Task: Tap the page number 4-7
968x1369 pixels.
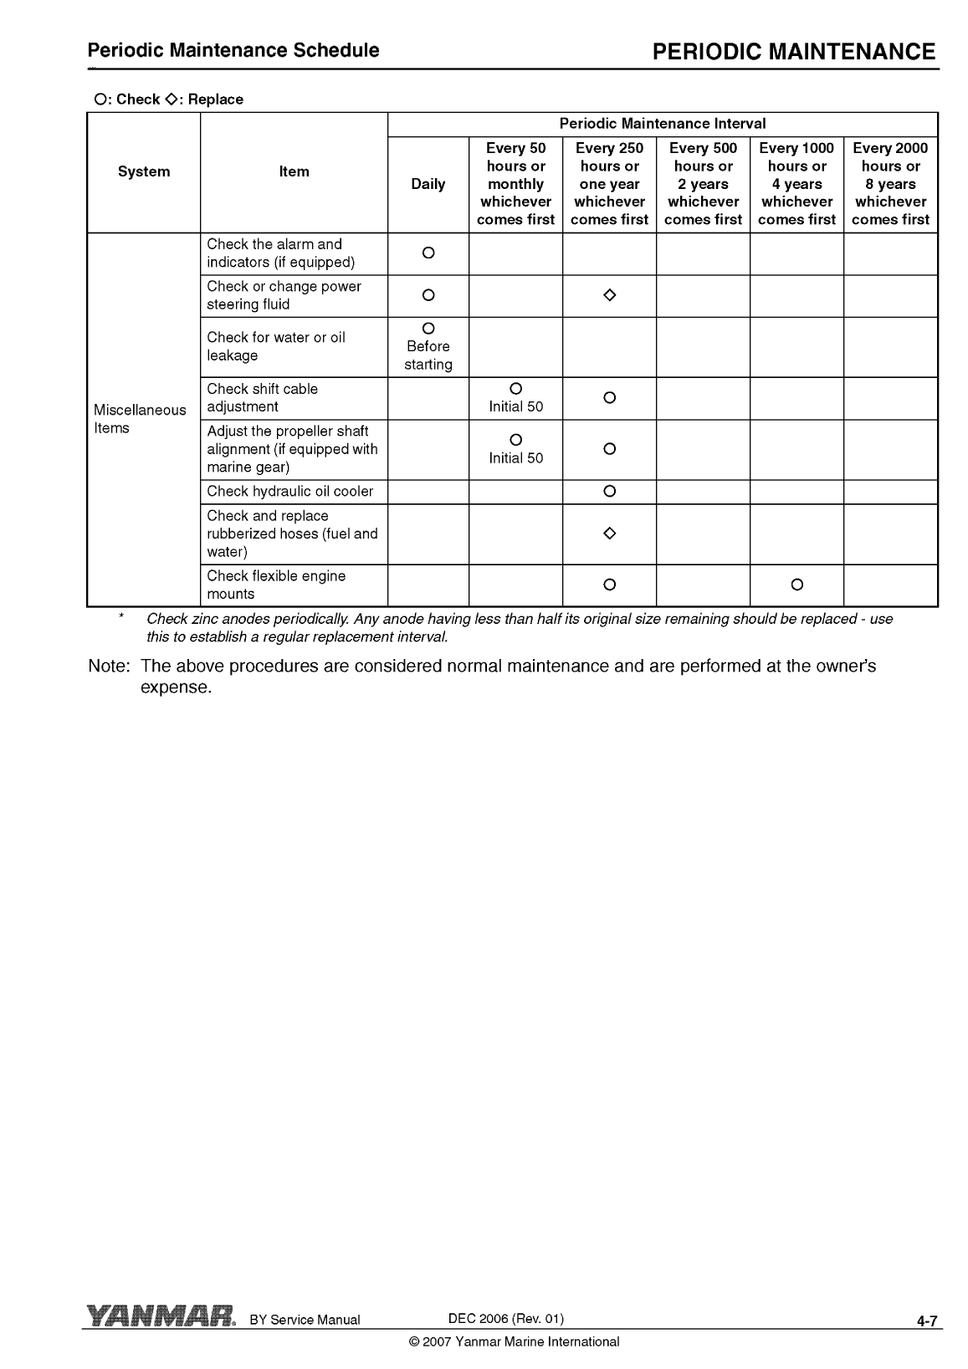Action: tap(927, 1321)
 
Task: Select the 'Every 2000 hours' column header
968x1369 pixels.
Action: tap(890, 184)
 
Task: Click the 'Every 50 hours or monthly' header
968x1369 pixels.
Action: tap(515, 184)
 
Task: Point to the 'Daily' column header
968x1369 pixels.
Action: tap(428, 184)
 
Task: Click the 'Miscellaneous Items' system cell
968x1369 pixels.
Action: tap(140, 419)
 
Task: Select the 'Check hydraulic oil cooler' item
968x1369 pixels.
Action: tap(290, 492)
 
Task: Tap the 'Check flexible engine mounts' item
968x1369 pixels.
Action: tap(276, 585)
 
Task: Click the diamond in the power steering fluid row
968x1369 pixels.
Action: tap(609, 295)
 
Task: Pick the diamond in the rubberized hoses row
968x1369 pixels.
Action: tap(609, 534)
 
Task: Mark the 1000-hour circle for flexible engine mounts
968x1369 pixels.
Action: tap(796, 585)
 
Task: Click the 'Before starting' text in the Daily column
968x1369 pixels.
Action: tap(428, 355)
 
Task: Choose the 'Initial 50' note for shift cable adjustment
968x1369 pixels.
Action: tap(515, 407)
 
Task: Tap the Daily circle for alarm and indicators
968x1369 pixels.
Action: tap(428, 253)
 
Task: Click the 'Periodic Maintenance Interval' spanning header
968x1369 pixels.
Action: tap(662, 124)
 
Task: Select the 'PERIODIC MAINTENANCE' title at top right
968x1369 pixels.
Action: tap(793, 53)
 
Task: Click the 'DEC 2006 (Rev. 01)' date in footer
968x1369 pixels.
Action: tap(506, 1319)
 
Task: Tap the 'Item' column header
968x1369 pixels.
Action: tap(294, 171)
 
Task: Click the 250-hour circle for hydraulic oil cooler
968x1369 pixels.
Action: tap(609, 492)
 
